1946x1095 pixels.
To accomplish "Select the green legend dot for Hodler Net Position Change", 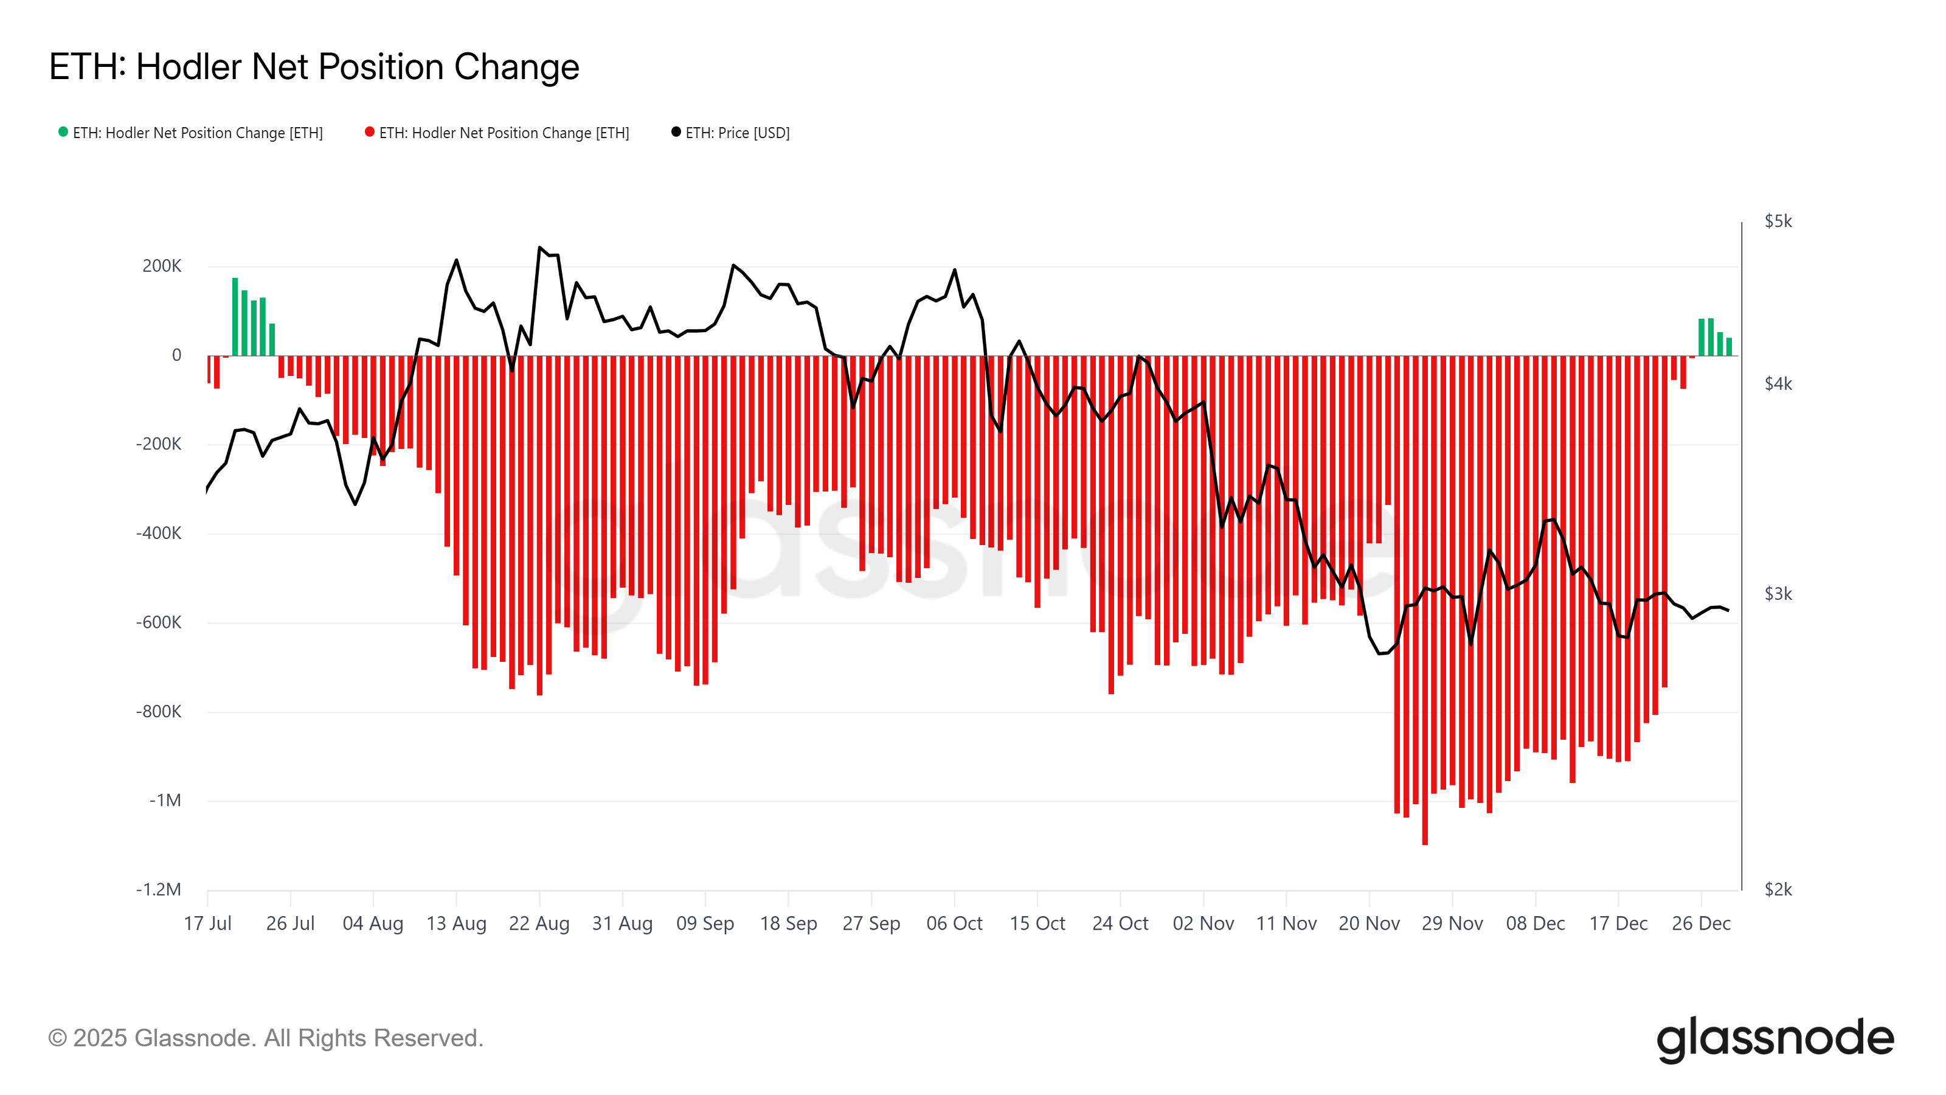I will [x=63, y=132].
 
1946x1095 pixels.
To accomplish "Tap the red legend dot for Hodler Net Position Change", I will [x=369, y=132].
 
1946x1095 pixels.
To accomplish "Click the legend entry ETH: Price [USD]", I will [x=736, y=133].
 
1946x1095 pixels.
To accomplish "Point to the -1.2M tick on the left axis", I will [x=159, y=889].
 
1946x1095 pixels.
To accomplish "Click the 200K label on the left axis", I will [x=162, y=266].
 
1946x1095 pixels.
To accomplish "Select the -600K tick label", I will [x=159, y=623].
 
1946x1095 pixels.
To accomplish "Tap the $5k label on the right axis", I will [x=1778, y=221].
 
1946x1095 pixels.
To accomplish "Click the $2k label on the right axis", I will [x=1778, y=889].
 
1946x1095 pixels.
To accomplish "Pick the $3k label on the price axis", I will [x=1778, y=594].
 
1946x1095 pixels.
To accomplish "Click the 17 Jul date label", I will [x=208, y=923].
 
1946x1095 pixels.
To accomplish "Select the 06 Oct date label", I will [x=954, y=923].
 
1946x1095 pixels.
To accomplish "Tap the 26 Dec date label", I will [x=1700, y=923].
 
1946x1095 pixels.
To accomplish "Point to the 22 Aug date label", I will [x=539, y=923].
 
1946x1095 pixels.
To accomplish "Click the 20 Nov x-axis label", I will [x=1369, y=923].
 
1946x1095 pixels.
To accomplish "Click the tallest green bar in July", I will [x=235, y=318].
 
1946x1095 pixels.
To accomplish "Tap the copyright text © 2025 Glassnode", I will [x=265, y=1038].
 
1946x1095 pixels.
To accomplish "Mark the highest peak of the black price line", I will [x=539, y=247].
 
